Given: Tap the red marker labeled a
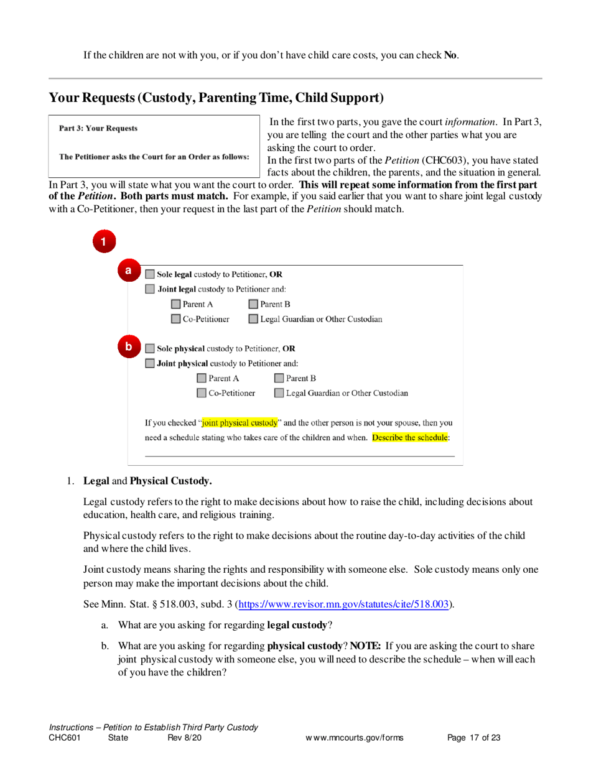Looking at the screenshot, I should coord(128,271).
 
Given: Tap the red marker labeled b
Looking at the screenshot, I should coord(128,346).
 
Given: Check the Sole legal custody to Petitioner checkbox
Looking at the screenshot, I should coord(150,274).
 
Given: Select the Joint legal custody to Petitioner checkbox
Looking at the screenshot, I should coord(150,289).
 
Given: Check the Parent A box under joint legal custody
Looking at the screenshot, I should coord(176,304).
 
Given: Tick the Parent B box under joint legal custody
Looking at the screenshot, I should coord(254,304).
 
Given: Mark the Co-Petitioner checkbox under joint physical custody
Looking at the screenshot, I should coord(202,393).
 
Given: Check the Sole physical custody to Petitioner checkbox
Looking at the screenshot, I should coord(150,348).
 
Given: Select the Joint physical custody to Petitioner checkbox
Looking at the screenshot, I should coord(150,363).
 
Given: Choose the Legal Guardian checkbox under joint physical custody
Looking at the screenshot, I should coord(279,393).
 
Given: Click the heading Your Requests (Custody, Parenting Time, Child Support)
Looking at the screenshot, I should coord(216,98).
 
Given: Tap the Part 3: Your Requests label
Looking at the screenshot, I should coord(98,129).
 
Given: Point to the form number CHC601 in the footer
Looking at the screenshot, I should coord(64,738).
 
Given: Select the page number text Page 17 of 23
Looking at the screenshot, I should coord(474,738).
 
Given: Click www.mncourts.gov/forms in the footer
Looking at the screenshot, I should coord(354,738).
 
